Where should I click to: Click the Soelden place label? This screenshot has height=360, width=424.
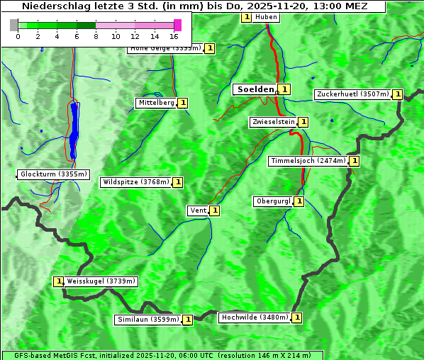[x=255, y=89]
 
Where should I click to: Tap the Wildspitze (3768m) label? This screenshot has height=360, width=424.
[x=136, y=182]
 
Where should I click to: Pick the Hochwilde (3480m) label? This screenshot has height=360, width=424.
[x=254, y=317]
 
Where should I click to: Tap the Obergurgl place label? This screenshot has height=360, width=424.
[x=273, y=201]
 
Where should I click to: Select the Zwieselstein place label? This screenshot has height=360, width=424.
[x=273, y=122]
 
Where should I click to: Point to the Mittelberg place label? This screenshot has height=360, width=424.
[x=156, y=103]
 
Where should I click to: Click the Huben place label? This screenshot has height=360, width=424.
[x=266, y=17]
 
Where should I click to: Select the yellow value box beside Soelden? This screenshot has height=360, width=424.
[x=284, y=89]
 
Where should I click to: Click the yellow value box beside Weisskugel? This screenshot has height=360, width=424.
[x=59, y=281]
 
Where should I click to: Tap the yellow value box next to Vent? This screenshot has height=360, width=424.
[x=214, y=210]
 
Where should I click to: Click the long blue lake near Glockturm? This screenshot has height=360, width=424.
[x=74, y=128]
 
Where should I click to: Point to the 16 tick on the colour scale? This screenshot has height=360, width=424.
[x=174, y=35]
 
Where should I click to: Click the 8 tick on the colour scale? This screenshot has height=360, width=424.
[x=96, y=35]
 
